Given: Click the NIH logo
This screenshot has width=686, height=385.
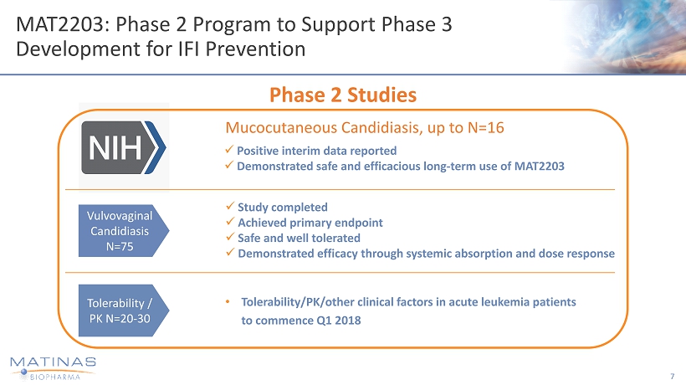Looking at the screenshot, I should point(123,146).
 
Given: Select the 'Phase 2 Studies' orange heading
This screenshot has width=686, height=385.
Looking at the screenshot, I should point(343,95).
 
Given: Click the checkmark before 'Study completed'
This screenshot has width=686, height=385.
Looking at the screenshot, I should point(231,207).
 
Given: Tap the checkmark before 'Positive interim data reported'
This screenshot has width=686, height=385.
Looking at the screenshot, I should point(231,151).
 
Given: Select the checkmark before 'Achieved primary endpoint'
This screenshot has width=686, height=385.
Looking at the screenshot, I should point(231,222).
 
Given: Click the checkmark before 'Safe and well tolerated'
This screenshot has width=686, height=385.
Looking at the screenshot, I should point(231,238).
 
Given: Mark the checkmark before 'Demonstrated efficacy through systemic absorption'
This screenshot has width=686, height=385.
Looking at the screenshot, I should point(231,254).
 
